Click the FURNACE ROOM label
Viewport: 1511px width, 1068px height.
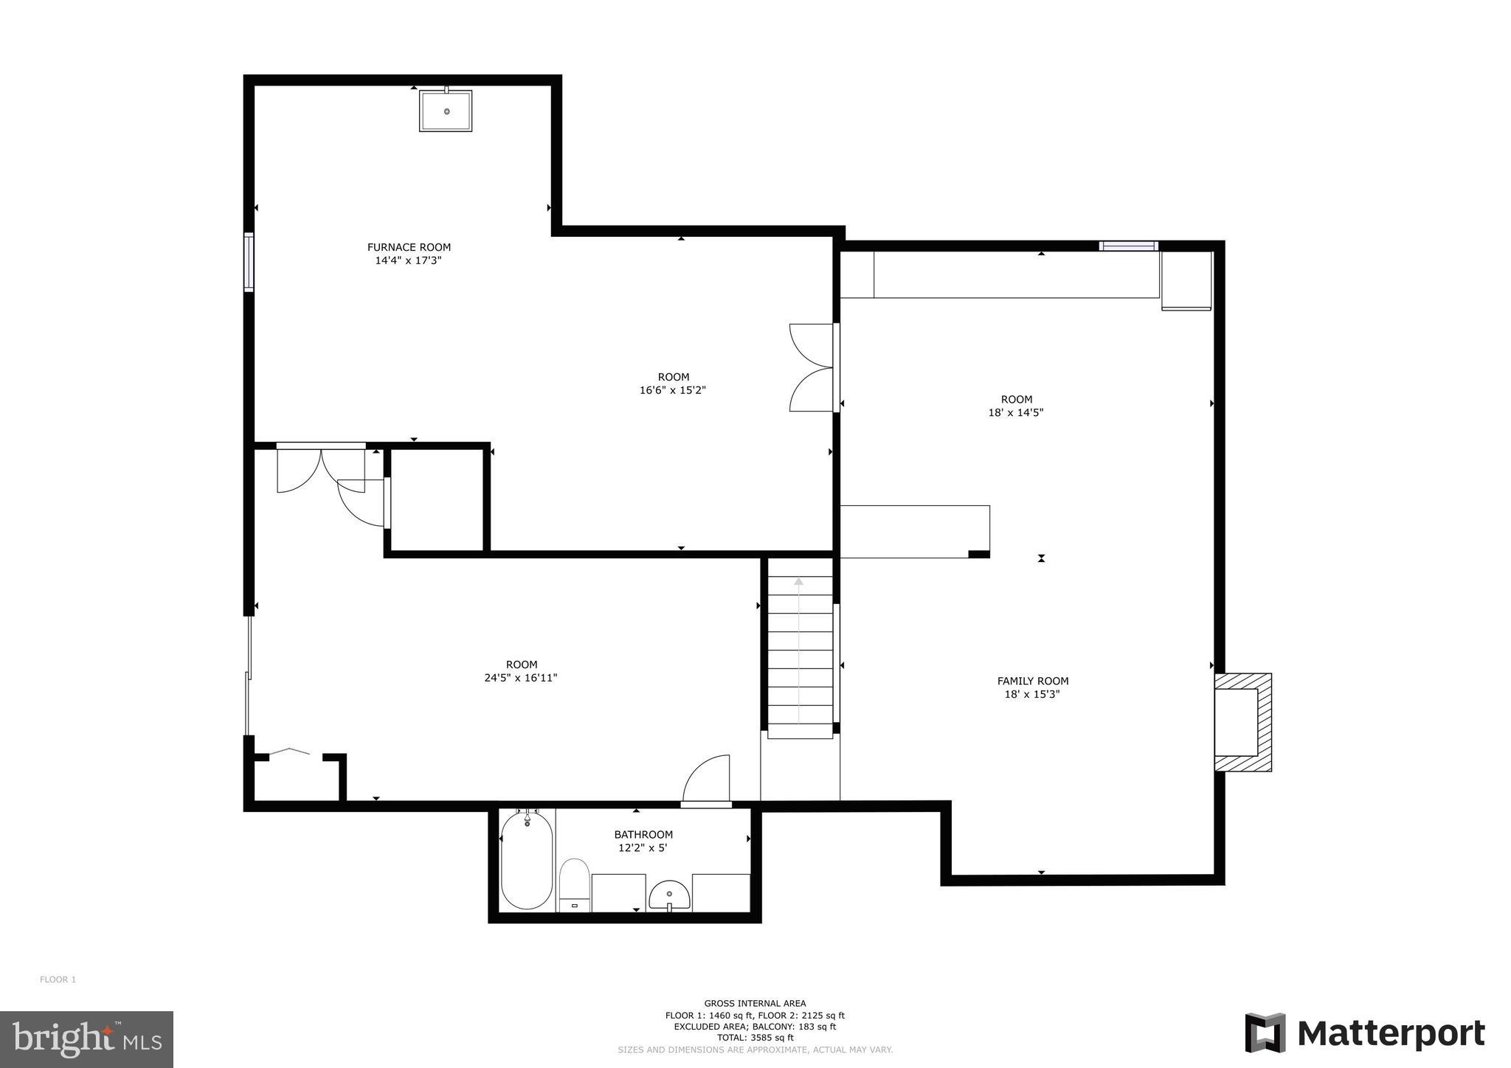[x=409, y=247]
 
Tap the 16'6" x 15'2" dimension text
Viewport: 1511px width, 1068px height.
[x=672, y=390]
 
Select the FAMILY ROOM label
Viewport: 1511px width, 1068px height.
[x=1032, y=681]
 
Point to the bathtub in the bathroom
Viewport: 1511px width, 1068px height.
[x=526, y=861]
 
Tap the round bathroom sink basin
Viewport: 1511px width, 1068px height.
[x=669, y=895]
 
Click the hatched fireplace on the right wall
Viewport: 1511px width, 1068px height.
[x=1244, y=722]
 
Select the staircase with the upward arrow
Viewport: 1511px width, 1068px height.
[x=800, y=656]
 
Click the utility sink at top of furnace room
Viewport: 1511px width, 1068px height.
[x=446, y=111]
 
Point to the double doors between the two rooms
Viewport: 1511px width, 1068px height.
[x=812, y=367]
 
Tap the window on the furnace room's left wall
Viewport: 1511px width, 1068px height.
[x=249, y=262]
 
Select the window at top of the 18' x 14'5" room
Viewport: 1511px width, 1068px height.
[x=1128, y=246]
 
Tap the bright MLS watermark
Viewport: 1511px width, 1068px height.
[x=86, y=1039]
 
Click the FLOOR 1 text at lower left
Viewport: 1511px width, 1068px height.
[x=58, y=979]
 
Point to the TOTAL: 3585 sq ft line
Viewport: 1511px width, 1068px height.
[x=755, y=1037]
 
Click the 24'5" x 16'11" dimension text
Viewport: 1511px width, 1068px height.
[x=520, y=678]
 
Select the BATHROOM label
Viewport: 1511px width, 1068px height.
[x=643, y=834]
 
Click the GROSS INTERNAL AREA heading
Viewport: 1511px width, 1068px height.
[x=755, y=1003]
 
